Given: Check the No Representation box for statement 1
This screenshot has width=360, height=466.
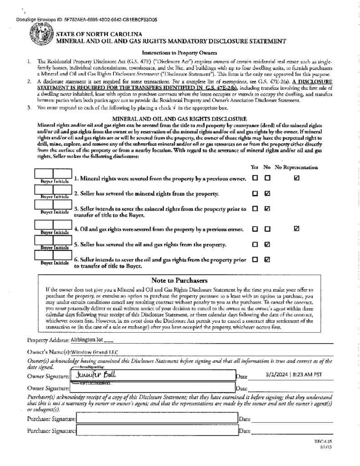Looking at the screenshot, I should (297, 178).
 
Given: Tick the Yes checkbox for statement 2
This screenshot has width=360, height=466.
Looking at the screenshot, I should (255, 193).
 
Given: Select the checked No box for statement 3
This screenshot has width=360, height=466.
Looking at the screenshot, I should (268, 209).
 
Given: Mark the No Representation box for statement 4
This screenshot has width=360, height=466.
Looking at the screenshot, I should (297, 229).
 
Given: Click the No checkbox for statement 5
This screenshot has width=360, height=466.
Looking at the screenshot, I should (268, 244).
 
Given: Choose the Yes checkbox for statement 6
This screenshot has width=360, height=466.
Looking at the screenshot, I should (255, 260).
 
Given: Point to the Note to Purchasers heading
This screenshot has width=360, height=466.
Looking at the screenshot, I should (179, 280).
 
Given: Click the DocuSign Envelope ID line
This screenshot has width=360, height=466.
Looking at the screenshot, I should (86, 20).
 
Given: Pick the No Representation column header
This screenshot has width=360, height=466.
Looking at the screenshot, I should (296, 167).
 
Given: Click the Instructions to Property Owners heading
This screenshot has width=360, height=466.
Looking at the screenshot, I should (179, 53).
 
